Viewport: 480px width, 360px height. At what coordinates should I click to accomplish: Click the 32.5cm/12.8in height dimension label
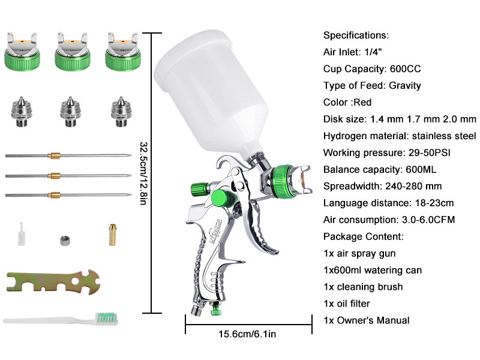tap(145, 173)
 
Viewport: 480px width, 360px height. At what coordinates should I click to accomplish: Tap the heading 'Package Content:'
tap(364, 236)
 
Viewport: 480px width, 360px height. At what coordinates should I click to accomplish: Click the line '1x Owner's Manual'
tap(367, 320)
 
